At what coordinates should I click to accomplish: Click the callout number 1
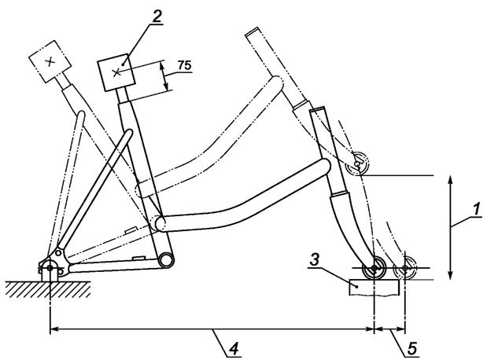coord(476,210)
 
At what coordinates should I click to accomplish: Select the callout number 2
coord(157,16)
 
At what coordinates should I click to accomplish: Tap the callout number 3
coord(315,259)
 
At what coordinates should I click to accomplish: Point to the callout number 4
coord(234,349)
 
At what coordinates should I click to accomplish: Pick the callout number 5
coord(412,349)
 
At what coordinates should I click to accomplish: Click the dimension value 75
coord(184,65)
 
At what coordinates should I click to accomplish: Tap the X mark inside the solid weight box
coord(116,73)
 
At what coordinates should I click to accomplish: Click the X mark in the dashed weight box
coord(50,62)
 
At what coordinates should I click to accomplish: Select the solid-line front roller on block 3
coord(374,268)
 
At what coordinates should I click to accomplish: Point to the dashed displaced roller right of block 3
coord(405,268)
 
